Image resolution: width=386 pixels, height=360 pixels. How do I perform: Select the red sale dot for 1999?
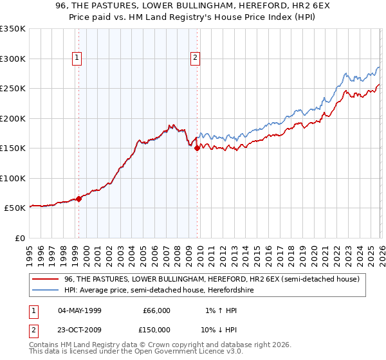pos(78,199)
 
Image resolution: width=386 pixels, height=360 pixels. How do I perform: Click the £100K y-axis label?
pos(13,178)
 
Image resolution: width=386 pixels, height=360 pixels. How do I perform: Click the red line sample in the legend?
pos(46,279)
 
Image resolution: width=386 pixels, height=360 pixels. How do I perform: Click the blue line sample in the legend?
pos(46,290)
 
